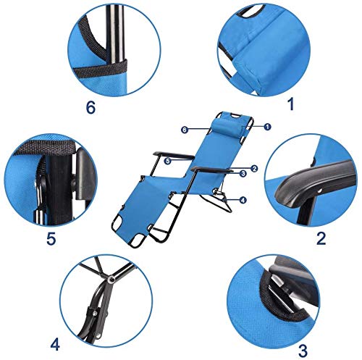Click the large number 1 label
click(x=291, y=104)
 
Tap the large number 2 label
click(x=321, y=238)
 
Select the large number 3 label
click(x=303, y=351)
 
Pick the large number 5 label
click(x=51, y=238)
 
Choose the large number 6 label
click(x=91, y=107)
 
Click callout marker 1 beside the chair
click(x=267, y=127)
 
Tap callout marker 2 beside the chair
click(x=254, y=169)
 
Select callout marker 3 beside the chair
click(x=243, y=173)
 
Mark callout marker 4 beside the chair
click(x=243, y=200)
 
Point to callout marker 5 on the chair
click(x=168, y=161)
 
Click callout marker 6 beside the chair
click(x=185, y=130)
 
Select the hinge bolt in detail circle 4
click(x=111, y=279)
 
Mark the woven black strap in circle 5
click(x=46, y=146)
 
